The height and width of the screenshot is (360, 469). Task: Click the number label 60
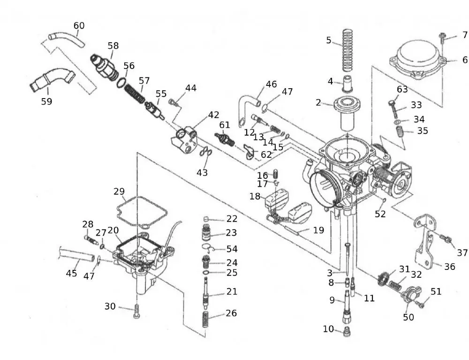[x=79, y=26]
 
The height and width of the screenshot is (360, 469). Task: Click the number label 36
[x=450, y=266]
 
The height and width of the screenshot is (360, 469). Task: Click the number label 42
[x=213, y=115]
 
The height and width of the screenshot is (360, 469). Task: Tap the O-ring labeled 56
[x=121, y=83]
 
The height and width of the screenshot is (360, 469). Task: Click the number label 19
[x=318, y=230]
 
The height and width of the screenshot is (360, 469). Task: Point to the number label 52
[x=380, y=214]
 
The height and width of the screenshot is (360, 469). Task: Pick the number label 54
[x=232, y=249]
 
